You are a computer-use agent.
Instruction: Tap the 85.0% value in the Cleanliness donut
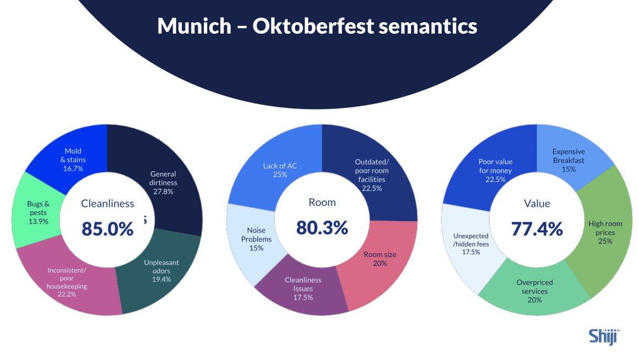click(x=107, y=228)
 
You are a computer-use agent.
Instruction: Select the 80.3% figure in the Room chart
click(x=322, y=227)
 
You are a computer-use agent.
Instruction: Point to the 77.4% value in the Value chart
click(x=537, y=227)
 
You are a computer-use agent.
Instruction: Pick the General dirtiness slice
click(x=164, y=182)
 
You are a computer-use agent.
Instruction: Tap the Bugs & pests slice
click(x=37, y=212)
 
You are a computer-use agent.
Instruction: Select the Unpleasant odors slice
click(x=161, y=271)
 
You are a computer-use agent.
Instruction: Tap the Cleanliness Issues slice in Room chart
click(x=303, y=289)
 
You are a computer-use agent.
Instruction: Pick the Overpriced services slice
click(x=534, y=291)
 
